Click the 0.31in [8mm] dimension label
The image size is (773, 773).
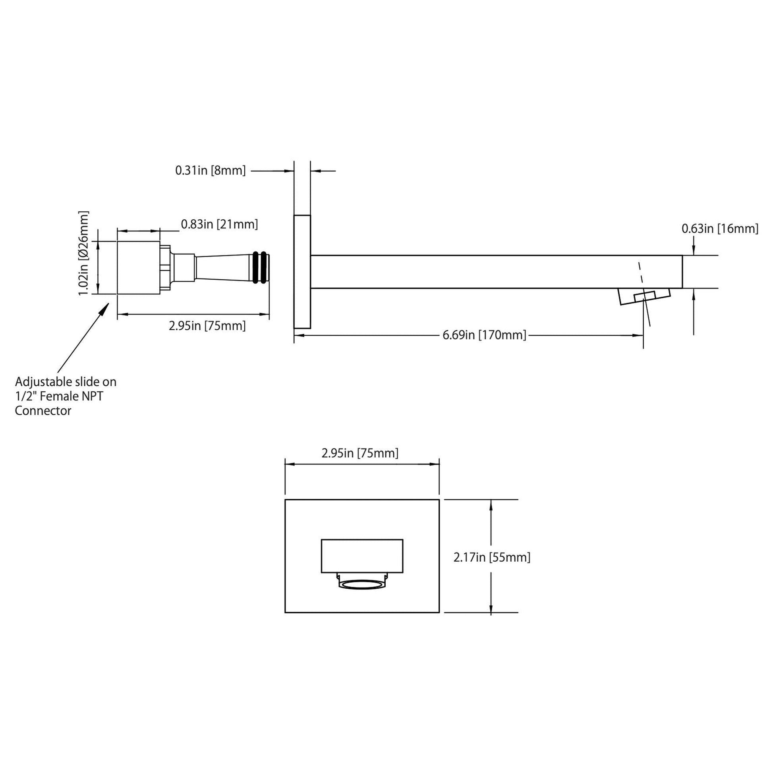(x=211, y=171)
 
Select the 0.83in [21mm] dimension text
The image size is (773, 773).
(x=219, y=224)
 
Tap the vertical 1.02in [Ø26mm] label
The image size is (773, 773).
(x=84, y=253)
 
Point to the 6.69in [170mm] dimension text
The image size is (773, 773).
(x=484, y=335)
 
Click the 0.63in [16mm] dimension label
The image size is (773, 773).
(x=720, y=229)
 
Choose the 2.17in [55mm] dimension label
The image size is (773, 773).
(x=492, y=557)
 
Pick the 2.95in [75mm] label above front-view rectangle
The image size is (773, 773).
(x=360, y=453)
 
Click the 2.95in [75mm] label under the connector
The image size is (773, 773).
(x=207, y=326)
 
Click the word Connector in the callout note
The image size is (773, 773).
(x=43, y=411)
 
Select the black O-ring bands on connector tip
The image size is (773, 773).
(x=260, y=268)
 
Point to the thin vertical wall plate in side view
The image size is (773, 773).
(x=302, y=272)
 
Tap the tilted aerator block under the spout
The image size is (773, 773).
(x=644, y=297)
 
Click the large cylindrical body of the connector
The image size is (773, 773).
(x=139, y=268)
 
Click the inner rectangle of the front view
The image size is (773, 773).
(x=362, y=556)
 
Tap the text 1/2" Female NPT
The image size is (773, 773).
(x=59, y=396)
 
